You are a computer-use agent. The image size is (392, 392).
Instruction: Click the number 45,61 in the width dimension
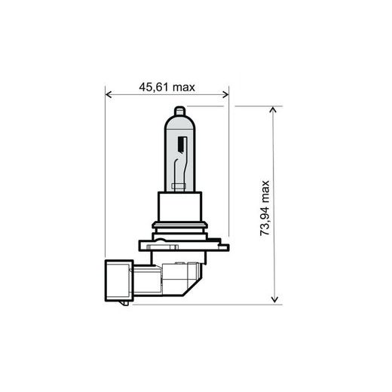[x=154, y=87]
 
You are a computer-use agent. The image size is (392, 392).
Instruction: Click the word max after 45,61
[x=184, y=87]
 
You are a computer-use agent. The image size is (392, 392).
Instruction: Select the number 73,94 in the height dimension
[x=265, y=222]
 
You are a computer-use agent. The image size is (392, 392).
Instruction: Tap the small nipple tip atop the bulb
[x=179, y=110]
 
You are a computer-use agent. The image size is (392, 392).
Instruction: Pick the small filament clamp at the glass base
[x=179, y=185]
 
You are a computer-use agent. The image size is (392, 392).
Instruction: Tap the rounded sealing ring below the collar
[x=179, y=227]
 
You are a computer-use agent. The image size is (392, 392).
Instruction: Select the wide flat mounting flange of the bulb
[x=179, y=243]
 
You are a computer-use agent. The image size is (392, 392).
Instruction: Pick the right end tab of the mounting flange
[x=222, y=244]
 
